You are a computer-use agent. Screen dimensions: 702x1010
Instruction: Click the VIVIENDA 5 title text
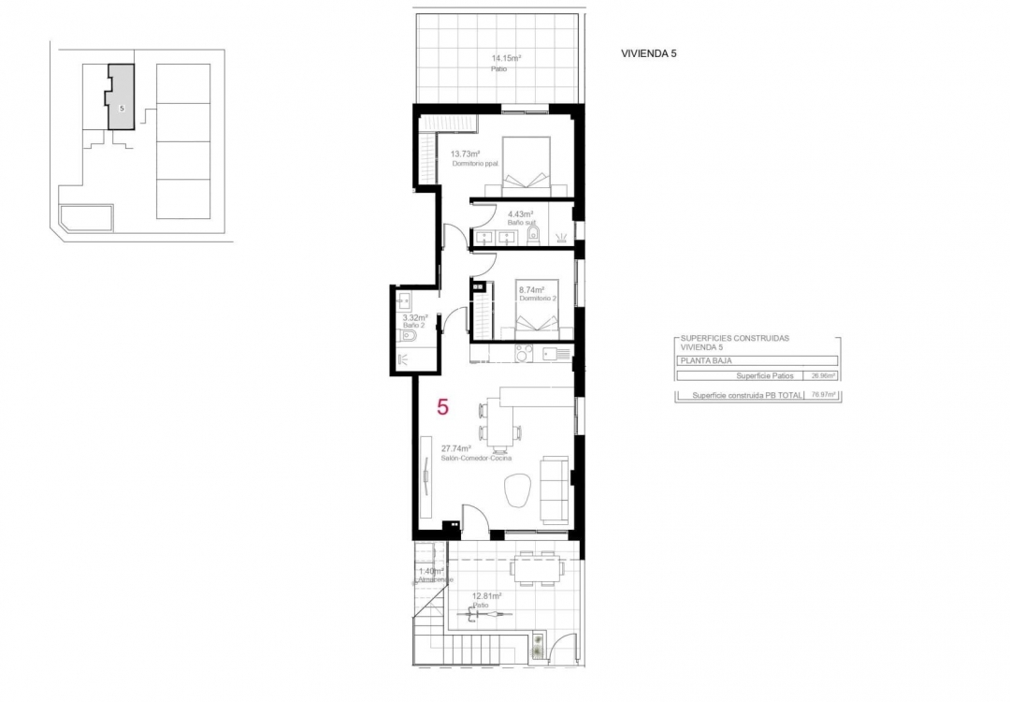tap(648, 53)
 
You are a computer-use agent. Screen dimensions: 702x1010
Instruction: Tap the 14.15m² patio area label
tap(506, 58)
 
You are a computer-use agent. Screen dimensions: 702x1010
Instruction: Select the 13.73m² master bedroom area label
tap(465, 154)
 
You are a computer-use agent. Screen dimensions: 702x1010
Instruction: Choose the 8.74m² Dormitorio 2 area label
tap(531, 290)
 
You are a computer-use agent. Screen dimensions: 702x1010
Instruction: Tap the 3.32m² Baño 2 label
tap(414, 317)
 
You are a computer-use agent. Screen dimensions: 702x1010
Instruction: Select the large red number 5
tap(442, 407)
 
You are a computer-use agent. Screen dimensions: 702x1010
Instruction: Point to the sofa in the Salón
tap(555, 490)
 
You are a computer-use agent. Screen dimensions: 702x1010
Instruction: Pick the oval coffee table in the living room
tap(517, 489)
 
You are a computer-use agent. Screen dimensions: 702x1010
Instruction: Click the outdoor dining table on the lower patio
tap(536, 565)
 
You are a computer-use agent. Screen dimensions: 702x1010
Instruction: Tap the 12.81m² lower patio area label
tap(487, 595)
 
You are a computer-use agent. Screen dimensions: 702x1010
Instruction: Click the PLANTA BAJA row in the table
tap(757, 360)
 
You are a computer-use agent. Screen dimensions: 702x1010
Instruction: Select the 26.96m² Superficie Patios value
tap(824, 376)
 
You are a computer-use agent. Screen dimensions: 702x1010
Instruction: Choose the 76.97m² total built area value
tap(824, 396)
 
